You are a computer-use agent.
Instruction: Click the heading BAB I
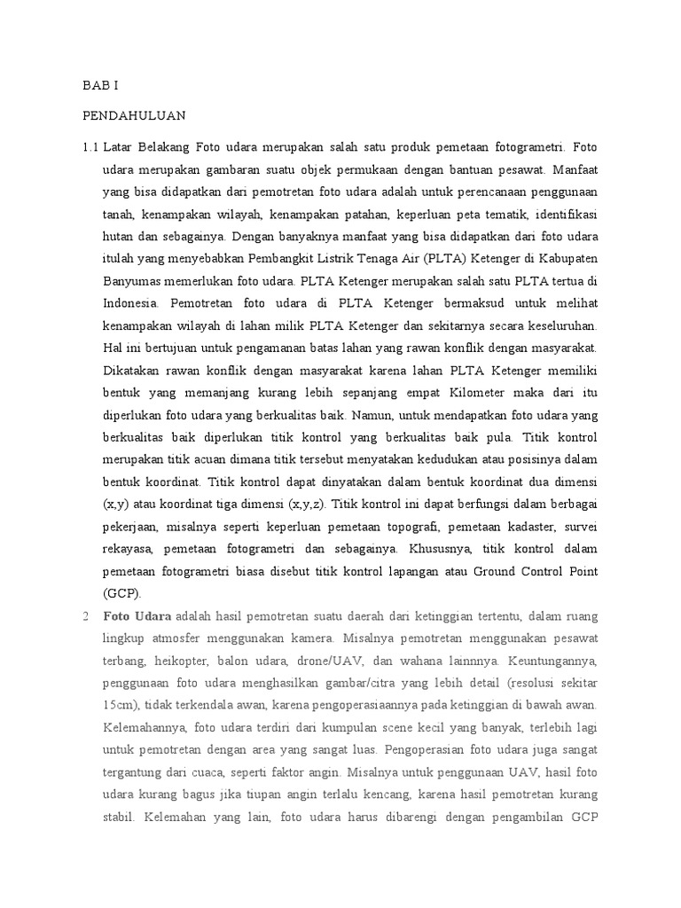100,86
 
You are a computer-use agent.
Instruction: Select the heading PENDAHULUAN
134,115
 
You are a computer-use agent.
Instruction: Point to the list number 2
86,614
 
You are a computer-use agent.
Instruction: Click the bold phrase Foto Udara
138,614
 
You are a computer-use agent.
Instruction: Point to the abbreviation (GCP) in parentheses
122,592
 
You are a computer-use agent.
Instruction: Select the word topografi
455,526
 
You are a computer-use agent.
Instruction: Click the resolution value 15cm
119,704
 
